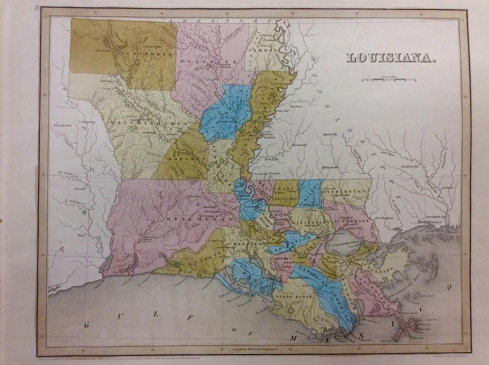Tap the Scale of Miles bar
[388, 80]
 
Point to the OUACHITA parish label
[215, 60]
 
